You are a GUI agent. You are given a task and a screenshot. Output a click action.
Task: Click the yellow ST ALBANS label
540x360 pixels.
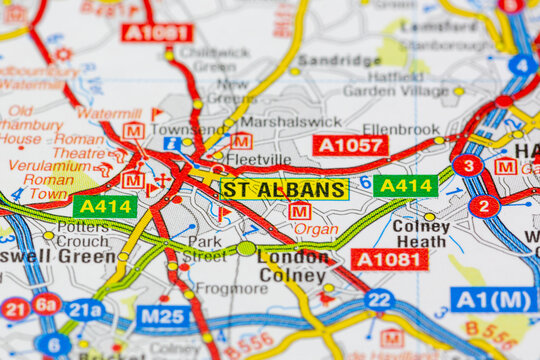tap(284, 189)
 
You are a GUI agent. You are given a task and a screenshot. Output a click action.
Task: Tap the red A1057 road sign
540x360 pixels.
tap(350, 146)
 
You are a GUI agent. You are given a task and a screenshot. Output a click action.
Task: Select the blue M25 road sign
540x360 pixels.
tap(163, 317)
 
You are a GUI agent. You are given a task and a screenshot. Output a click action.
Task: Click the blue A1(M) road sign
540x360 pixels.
tap(492, 299)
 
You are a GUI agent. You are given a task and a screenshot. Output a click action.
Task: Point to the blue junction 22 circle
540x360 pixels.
tap(379, 299)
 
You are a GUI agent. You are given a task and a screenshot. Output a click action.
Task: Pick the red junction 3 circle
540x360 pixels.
tap(467, 165)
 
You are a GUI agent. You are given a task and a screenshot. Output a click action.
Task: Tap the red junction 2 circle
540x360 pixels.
tap(484, 206)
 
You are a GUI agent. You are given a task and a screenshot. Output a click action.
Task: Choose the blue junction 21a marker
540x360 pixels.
tap(84, 310)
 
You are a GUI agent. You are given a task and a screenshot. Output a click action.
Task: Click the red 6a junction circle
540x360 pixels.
tap(46, 304)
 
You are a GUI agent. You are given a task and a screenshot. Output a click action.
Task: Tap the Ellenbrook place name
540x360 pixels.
tap(401, 129)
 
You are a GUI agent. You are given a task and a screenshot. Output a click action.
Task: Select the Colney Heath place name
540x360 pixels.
tap(421, 233)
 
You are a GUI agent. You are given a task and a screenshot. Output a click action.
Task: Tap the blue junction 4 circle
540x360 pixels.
tap(522, 66)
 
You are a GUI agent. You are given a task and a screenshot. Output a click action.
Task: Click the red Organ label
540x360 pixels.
tap(315, 228)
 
